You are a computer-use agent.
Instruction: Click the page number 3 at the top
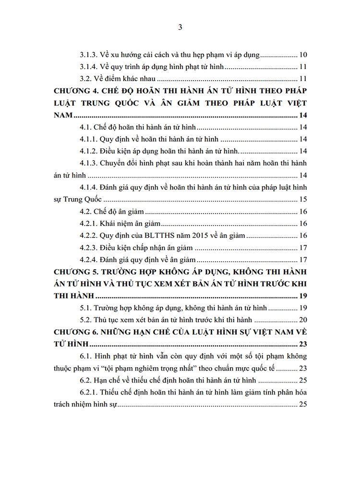tap(180, 27)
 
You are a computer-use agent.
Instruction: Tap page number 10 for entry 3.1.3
tap(303, 55)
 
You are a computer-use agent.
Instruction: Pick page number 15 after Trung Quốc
tap(303, 200)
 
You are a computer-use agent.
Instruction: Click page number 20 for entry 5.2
tap(303, 320)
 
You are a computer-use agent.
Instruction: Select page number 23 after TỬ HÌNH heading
tap(303, 345)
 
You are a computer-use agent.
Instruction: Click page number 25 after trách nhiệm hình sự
tap(303, 405)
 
